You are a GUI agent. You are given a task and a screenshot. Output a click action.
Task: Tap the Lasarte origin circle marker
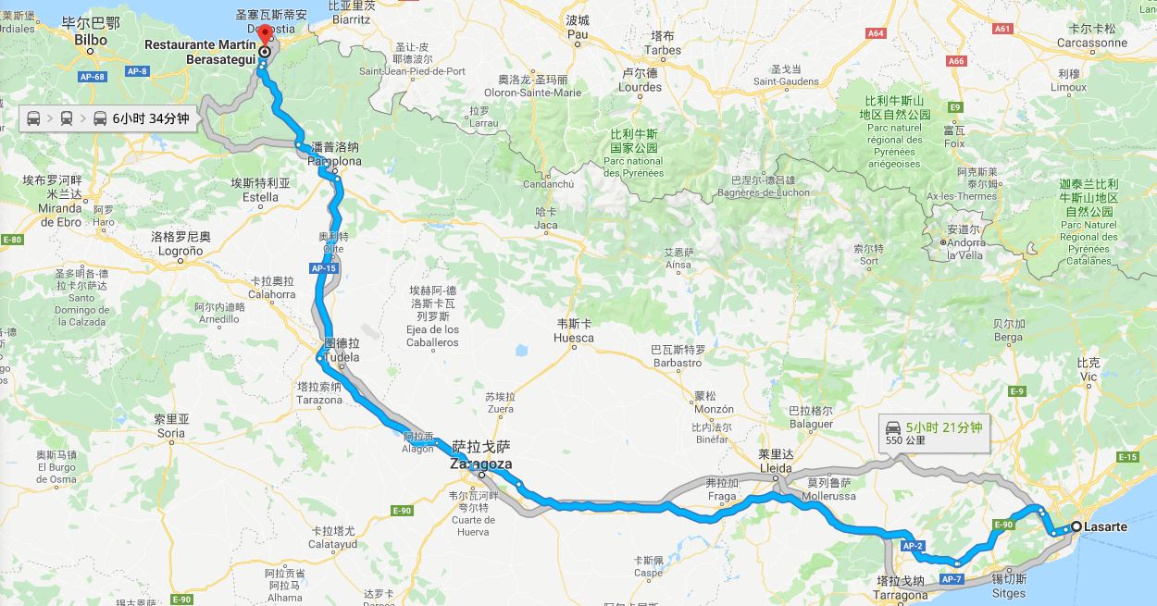[1076, 527]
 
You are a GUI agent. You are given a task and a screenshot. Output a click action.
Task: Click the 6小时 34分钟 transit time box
[108, 118]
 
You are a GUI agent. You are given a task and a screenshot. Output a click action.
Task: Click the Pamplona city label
[334, 155]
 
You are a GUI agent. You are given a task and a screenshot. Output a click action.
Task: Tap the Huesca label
[574, 331]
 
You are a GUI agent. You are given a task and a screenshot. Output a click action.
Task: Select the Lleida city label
[776, 462]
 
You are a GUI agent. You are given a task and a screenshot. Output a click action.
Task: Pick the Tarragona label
[901, 588]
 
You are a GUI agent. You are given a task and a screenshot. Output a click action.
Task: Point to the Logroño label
[181, 244]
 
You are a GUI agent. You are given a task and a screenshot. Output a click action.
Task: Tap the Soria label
[171, 427]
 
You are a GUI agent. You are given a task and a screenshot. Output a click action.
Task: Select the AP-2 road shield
[913, 546]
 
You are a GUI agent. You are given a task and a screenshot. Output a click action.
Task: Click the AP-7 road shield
[952, 578]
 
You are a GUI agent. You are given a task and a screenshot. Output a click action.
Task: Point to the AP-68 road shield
[91, 76]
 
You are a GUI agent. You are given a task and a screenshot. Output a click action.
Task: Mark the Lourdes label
[641, 80]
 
